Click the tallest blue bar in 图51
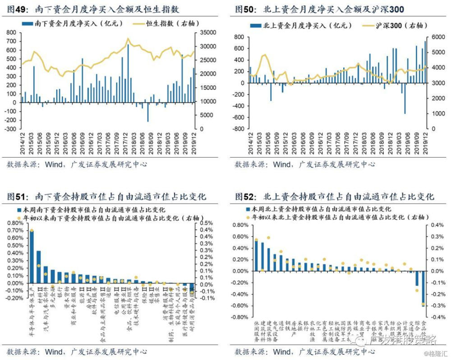pos(32,257)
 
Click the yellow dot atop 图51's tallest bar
pos(32,231)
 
